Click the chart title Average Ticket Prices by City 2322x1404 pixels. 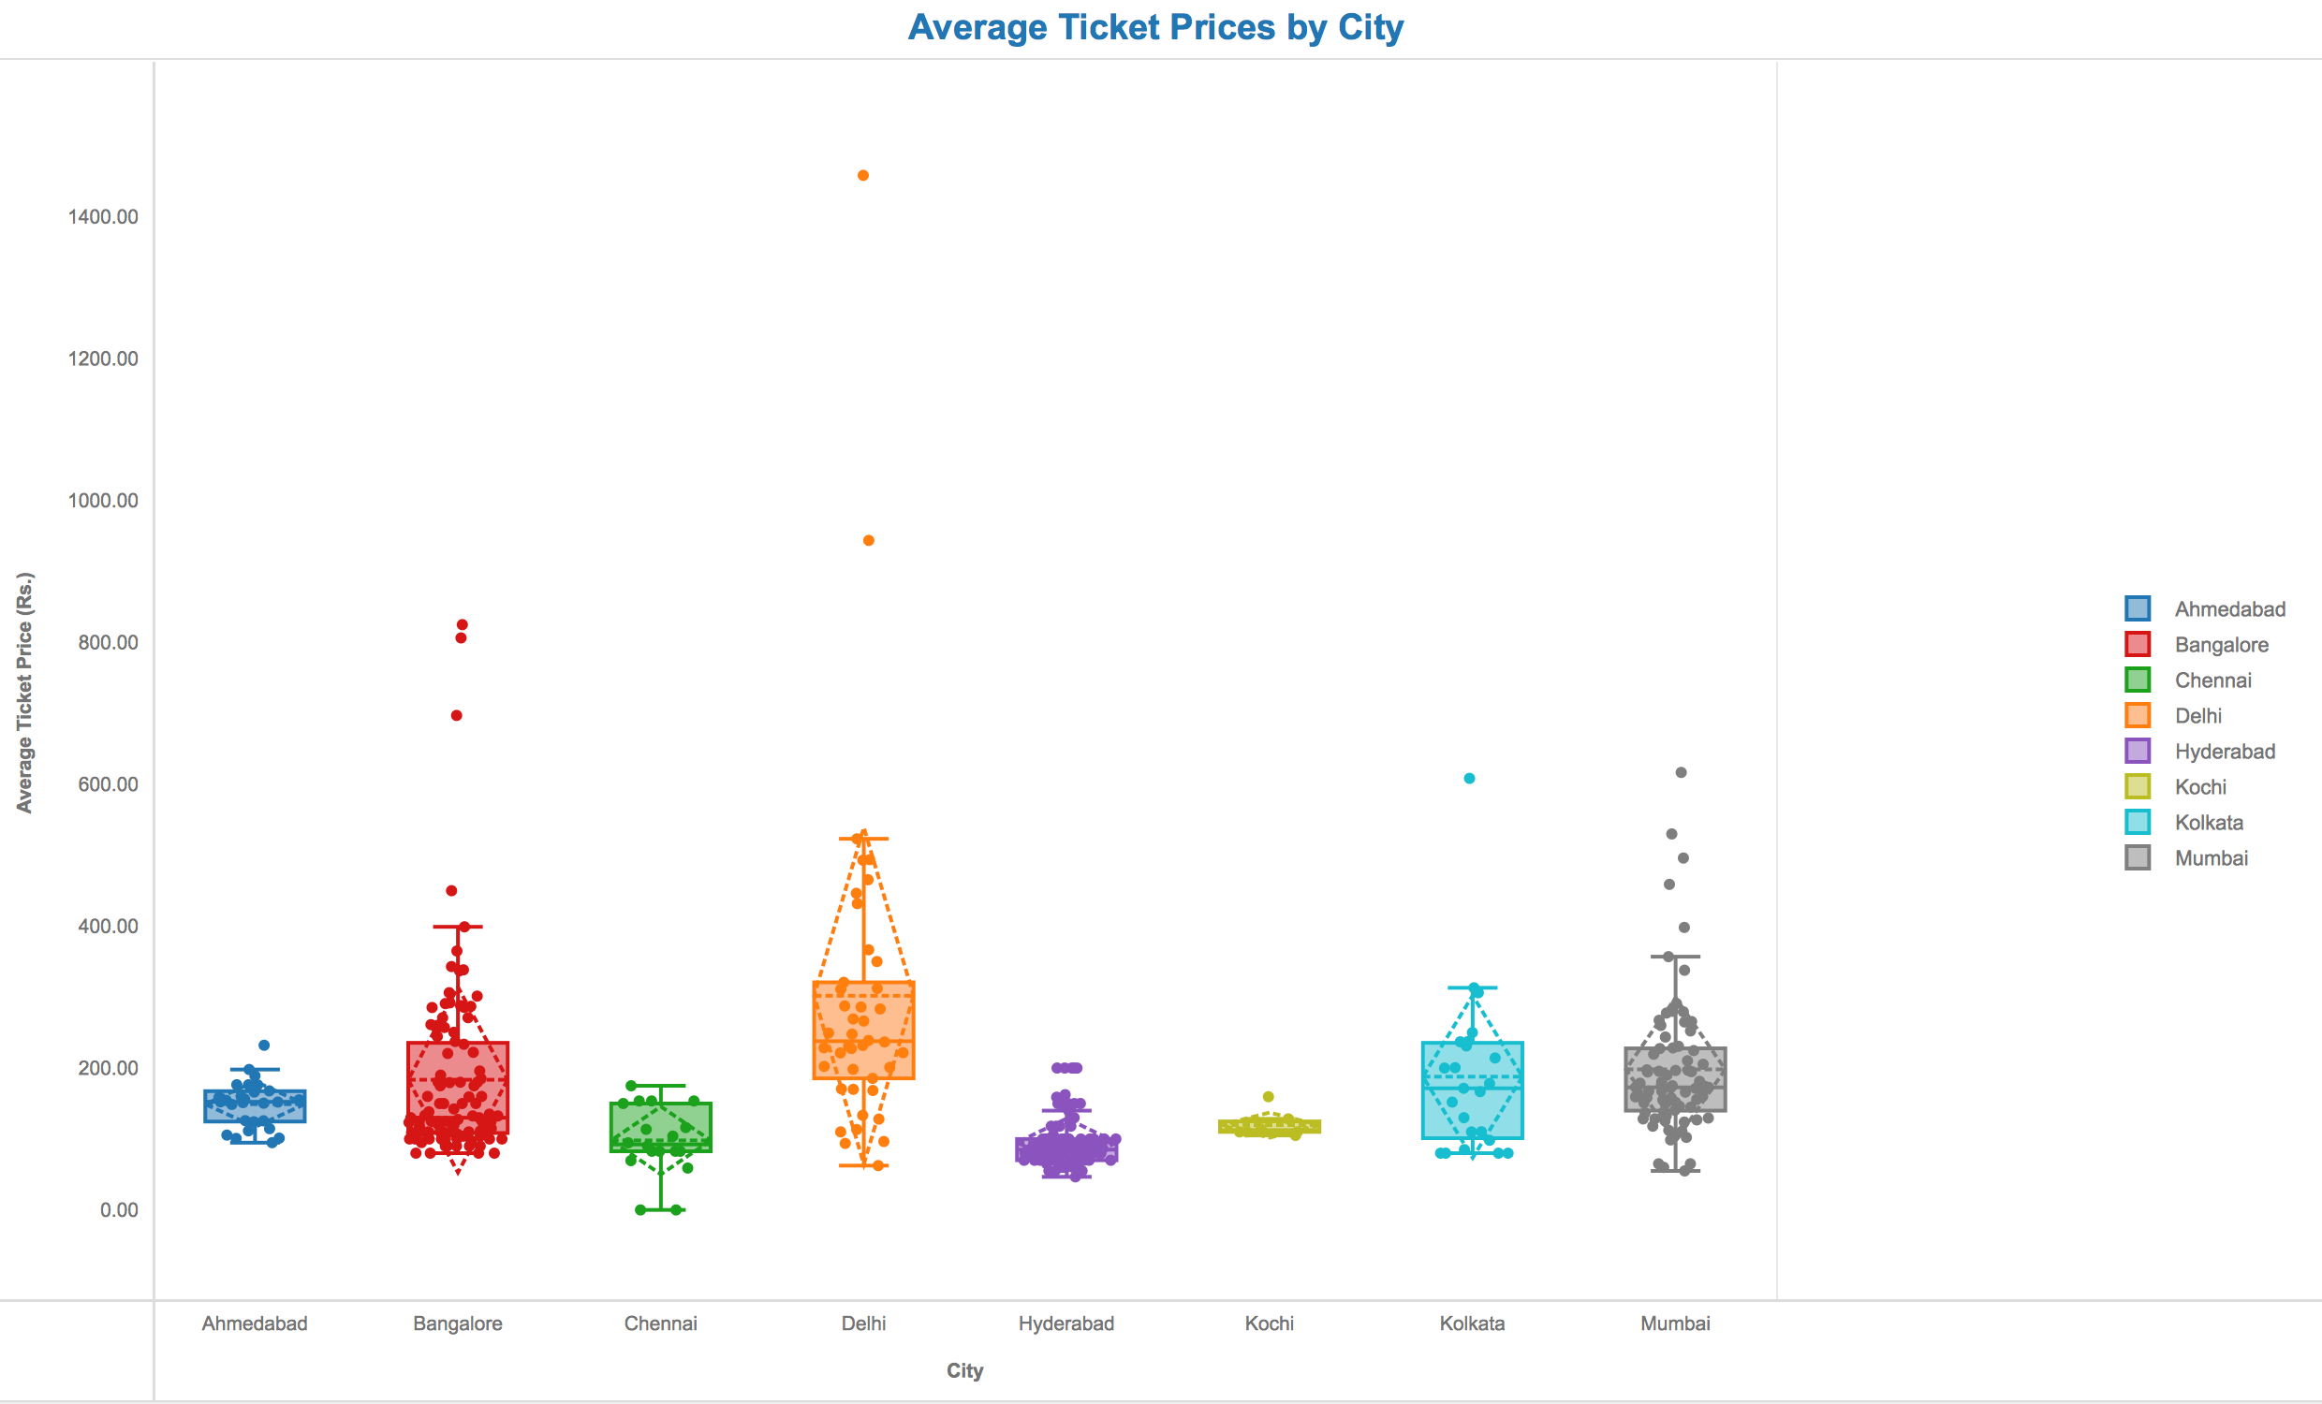pos(1155,27)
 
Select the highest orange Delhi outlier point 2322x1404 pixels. pos(863,175)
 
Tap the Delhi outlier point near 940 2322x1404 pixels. pos(869,541)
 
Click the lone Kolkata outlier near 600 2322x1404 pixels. pos(1469,779)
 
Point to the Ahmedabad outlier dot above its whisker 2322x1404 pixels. pos(264,1046)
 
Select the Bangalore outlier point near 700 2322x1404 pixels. pos(456,716)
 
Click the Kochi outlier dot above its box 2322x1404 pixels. pos(1269,1097)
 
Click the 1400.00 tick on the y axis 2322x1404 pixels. pos(103,217)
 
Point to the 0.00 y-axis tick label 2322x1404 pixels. pos(119,1210)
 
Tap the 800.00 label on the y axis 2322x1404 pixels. pos(108,643)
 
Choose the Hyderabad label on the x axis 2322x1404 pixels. pos(1065,1324)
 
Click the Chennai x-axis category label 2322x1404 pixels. pos(661,1324)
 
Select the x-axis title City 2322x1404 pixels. pos(965,1371)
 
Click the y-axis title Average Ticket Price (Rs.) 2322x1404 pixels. pos(24,693)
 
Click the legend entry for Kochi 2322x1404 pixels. pos(2200,787)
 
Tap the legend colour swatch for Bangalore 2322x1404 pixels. pos(2138,645)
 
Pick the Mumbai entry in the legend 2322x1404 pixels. pos(2211,858)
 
